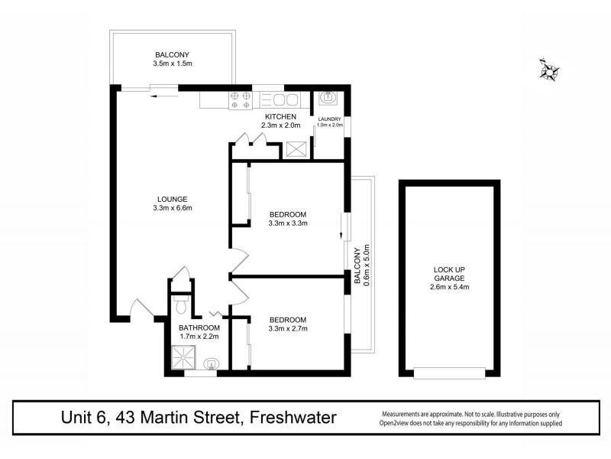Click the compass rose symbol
(x=548, y=70)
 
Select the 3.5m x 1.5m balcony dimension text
(x=172, y=65)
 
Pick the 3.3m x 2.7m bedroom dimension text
(x=287, y=330)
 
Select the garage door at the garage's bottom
(x=450, y=373)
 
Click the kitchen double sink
(x=283, y=99)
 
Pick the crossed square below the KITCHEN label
(x=295, y=149)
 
